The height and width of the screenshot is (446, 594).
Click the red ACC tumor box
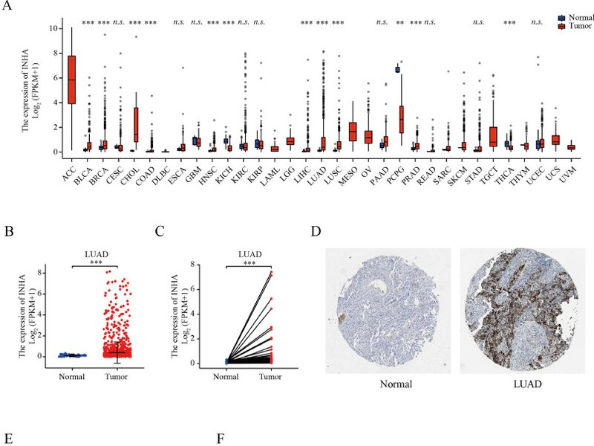(x=71, y=80)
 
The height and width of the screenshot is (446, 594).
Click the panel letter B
(x=9, y=233)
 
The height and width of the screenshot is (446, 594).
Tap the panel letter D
(x=316, y=233)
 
